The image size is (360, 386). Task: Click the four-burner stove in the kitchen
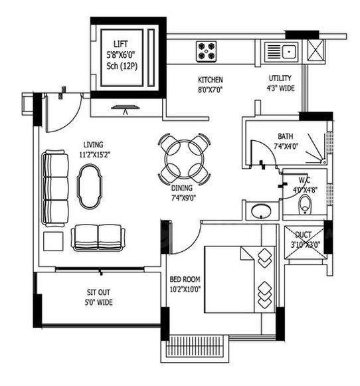coord(206,51)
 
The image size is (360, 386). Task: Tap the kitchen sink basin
coord(289,52)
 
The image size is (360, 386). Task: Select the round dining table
coord(185,159)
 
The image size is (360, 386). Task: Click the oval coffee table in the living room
coord(90,187)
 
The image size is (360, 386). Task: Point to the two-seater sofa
coord(98,238)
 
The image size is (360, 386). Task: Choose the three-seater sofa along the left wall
coord(55,188)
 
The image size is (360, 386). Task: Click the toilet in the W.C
coord(305,205)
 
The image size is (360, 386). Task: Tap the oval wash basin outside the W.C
coord(261,211)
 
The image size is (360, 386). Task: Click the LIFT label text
coord(121,44)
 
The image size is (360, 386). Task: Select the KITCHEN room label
coord(211,80)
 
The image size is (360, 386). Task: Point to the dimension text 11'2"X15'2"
coord(94,155)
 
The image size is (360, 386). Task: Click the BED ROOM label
coord(185,279)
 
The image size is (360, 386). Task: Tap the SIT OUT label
coord(98,292)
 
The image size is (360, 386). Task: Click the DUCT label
coord(304,235)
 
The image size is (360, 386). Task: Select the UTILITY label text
coord(280,78)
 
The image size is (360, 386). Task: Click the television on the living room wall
coord(126,108)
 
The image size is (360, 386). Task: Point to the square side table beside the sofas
coord(53,241)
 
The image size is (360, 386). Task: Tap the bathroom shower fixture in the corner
coord(316,149)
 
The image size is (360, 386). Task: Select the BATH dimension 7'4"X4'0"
coord(286,146)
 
